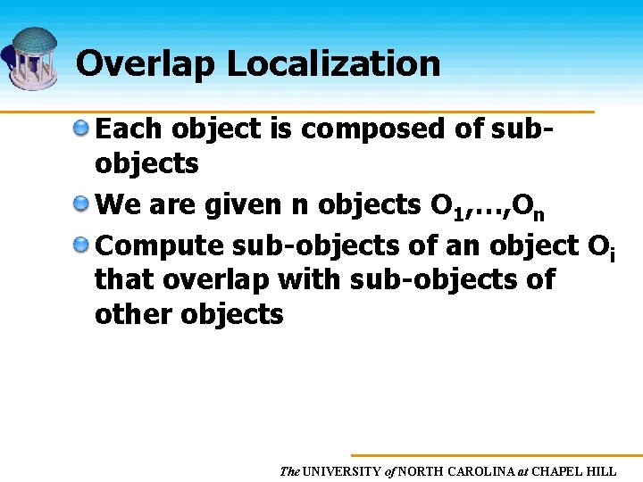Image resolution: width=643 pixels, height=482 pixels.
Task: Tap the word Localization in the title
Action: pyautogui.click(x=333, y=64)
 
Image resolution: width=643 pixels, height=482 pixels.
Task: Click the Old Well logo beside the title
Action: pyautogui.click(x=33, y=58)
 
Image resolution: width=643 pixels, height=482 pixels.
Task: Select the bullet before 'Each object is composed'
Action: pyautogui.click(x=81, y=129)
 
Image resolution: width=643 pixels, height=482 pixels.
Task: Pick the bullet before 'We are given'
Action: pyautogui.click(x=81, y=205)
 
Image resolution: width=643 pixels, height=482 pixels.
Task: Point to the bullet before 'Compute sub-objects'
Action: pyautogui.click(x=81, y=244)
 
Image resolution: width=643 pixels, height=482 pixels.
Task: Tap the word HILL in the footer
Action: pyautogui.click(x=603, y=470)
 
